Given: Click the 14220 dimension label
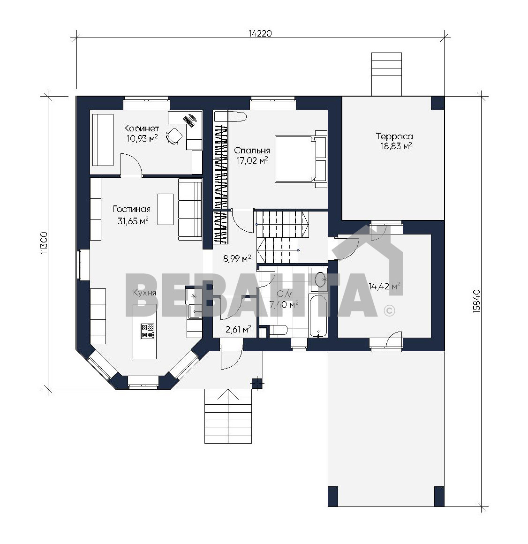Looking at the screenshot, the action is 260,33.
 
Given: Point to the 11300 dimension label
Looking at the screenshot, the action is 44,242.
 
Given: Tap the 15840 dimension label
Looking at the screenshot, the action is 477,301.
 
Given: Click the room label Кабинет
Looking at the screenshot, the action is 142,128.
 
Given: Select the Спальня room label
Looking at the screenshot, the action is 252,151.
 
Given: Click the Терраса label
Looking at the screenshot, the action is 394,136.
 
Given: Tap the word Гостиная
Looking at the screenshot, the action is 131,209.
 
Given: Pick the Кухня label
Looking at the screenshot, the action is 144,293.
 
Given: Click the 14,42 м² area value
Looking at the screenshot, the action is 385,286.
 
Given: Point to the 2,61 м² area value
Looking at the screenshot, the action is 238,329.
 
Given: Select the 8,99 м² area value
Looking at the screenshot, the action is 237,258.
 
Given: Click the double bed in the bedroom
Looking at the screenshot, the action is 301,159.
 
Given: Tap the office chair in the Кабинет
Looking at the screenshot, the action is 174,136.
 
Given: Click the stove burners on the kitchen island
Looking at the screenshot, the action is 147,331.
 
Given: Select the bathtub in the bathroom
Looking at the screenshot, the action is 318,316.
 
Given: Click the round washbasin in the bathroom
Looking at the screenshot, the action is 321,279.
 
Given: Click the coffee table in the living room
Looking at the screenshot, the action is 166,209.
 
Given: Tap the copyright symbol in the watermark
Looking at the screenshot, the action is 390,310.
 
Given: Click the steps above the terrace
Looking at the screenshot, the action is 386,74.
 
